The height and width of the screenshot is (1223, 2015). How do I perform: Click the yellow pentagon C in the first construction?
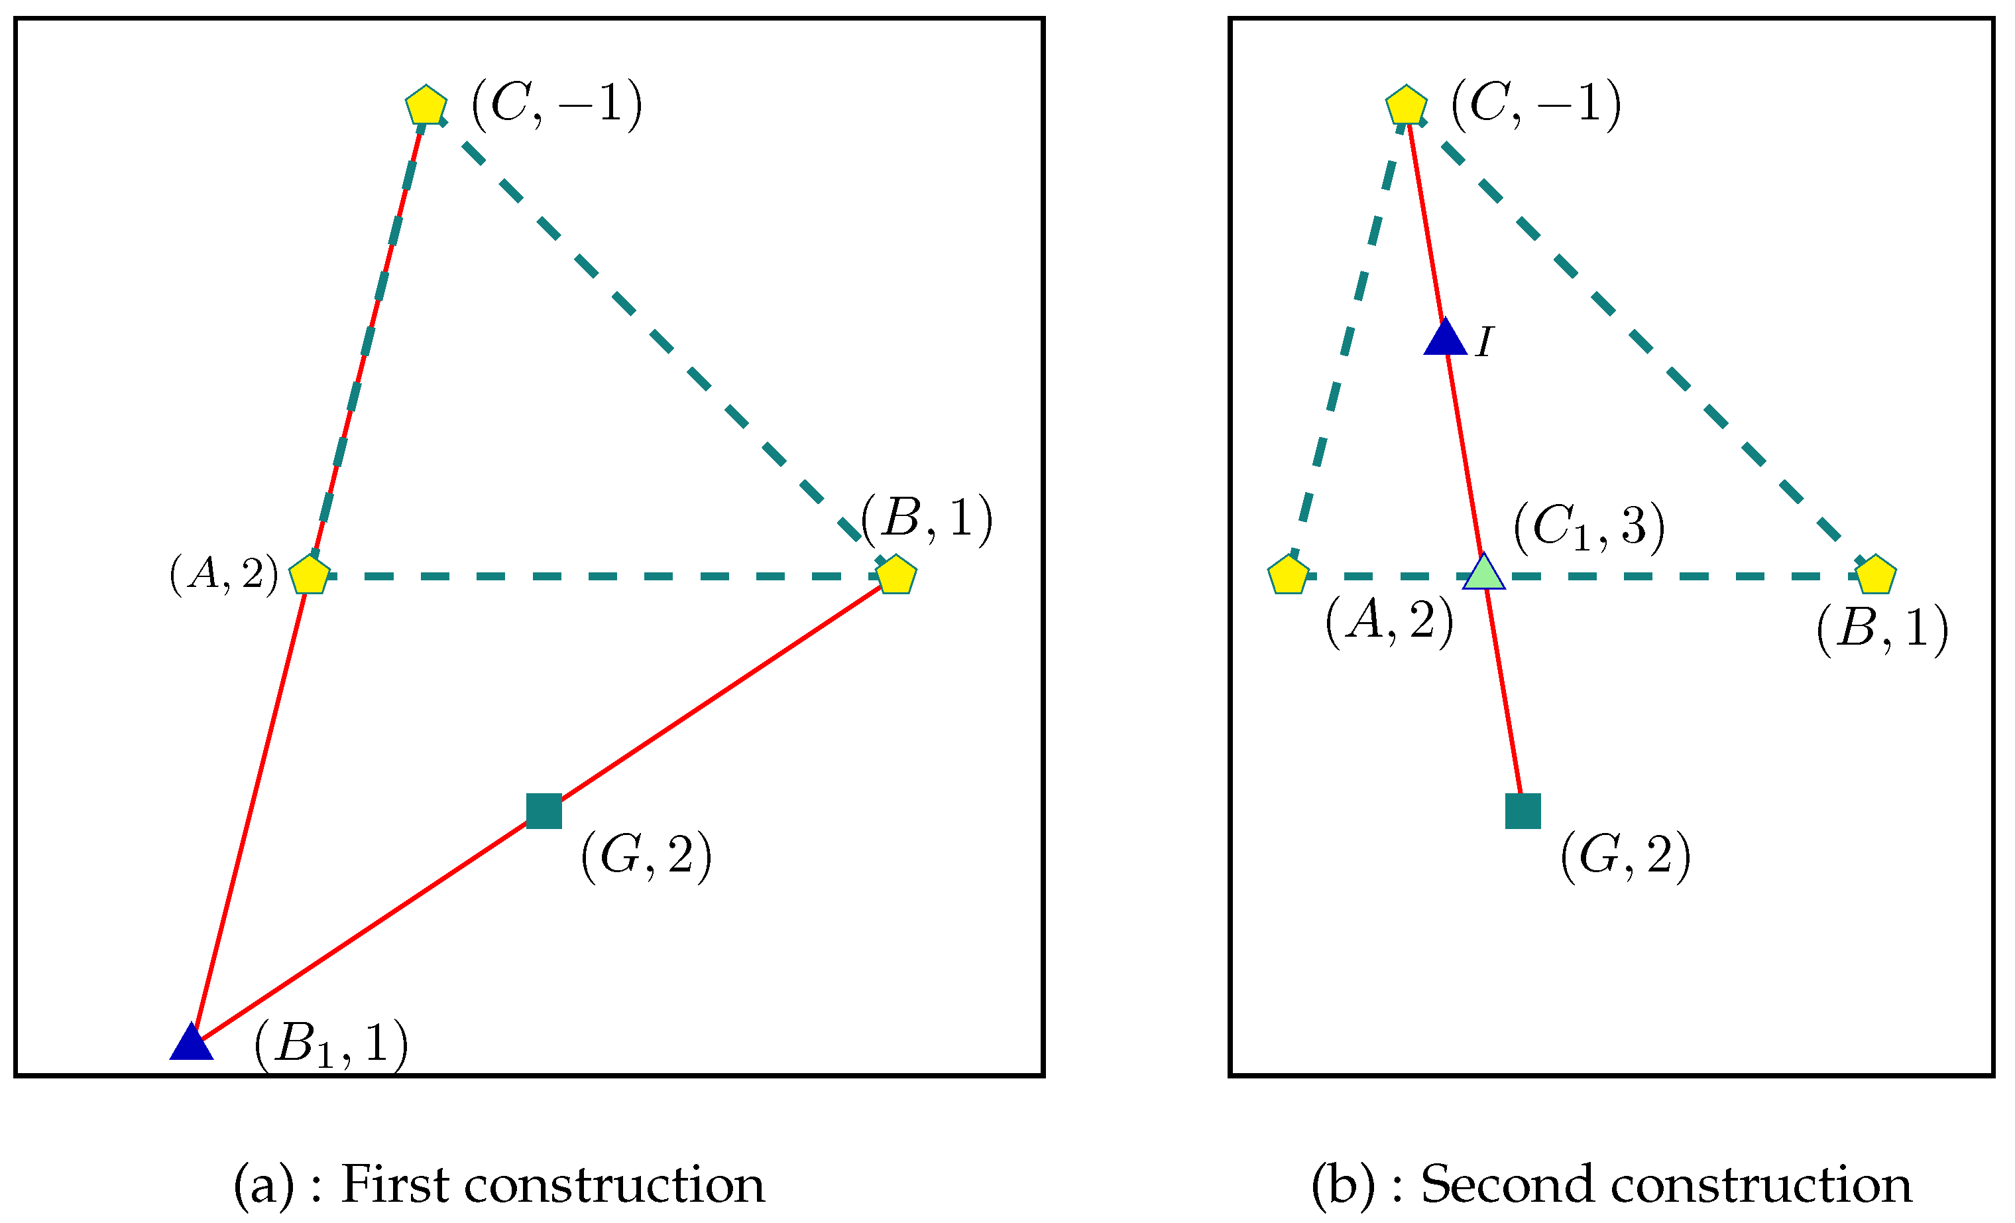coord(426,105)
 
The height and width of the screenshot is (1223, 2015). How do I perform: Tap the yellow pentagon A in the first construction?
coord(310,575)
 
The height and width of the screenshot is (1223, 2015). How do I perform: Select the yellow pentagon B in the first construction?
coord(896,575)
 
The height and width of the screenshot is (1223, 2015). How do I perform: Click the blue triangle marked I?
coord(1445,338)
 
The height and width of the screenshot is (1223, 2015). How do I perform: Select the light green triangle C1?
coord(1483,572)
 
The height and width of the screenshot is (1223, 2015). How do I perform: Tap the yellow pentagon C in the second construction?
coord(1407,105)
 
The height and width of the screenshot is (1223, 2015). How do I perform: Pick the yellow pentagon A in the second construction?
coord(1289,575)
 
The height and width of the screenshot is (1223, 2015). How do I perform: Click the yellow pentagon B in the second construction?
coord(1876,575)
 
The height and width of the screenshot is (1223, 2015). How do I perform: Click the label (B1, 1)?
coord(331,1045)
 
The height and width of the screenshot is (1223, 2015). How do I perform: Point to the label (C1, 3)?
coord(1589,528)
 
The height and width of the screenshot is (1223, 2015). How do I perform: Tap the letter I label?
coord(1484,342)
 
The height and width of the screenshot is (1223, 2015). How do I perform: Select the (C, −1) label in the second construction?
coord(1536,105)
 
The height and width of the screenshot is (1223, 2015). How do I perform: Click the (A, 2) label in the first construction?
coord(224,574)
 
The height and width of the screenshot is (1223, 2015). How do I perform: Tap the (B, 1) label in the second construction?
coord(1882,629)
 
